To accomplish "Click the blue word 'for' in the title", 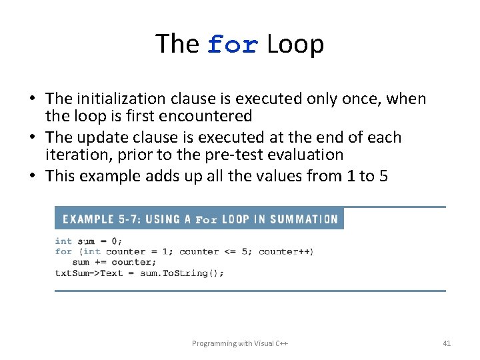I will [232, 45].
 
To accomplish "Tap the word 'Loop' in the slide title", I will [295, 44].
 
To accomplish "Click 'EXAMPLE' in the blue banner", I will [88, 219].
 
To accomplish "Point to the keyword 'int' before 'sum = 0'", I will [63, 241].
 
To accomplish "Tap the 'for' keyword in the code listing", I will [63, 251].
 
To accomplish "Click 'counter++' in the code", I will [285, 251].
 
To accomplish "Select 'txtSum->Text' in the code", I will [89, 273].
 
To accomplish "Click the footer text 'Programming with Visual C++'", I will [239, 343].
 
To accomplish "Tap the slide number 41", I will [447, 343].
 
